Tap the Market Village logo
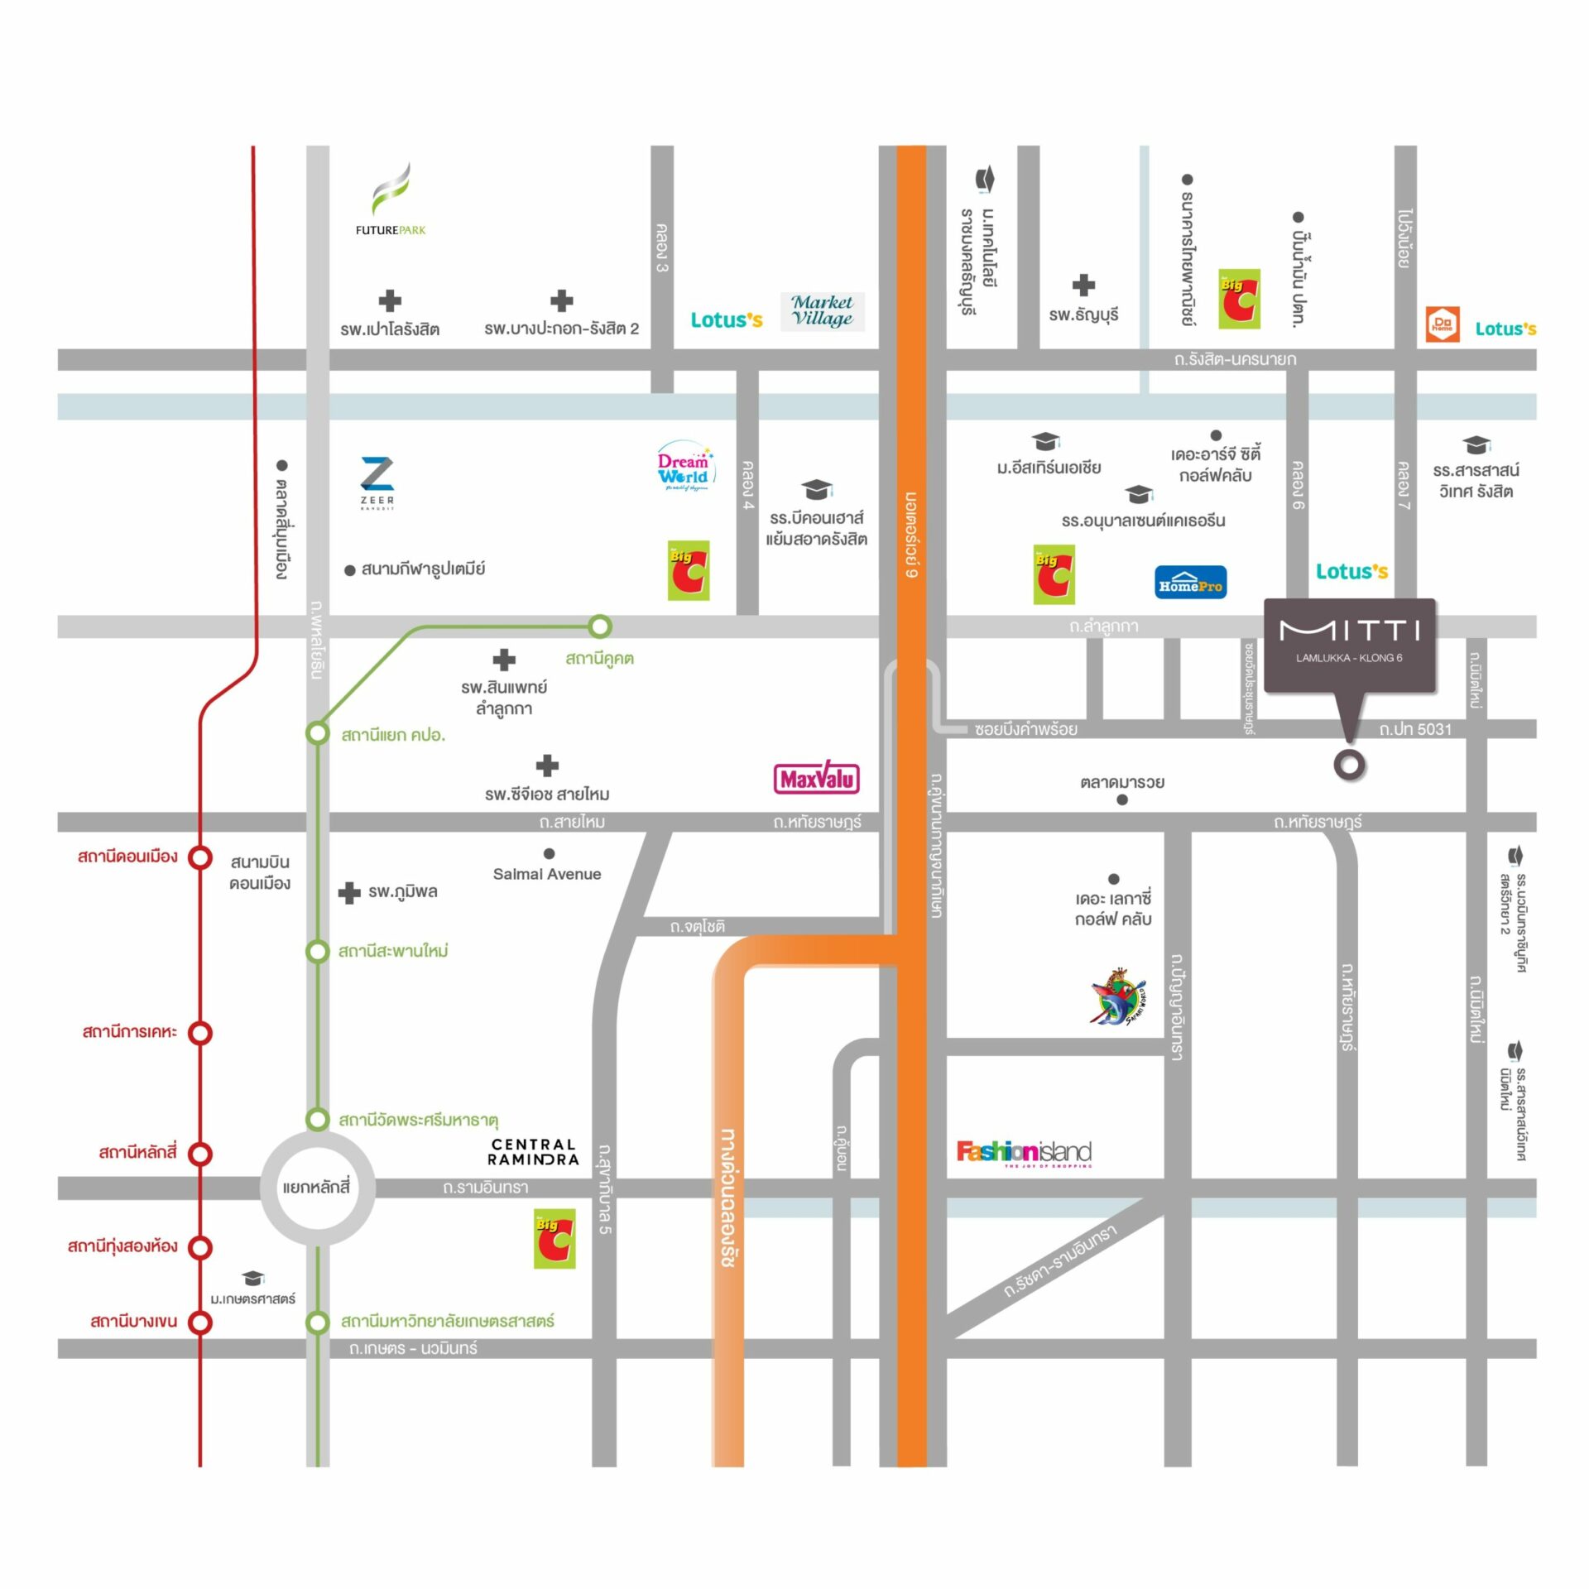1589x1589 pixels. [x=822, y=311]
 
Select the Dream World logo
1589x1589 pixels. [x=684, y=468]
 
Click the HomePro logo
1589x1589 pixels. [x=1190, y=583]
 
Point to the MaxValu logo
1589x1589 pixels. [x=817, y=779]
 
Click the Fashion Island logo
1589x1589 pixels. [x=1024, y=1152]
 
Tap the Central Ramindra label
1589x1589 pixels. [x=533, y=1151]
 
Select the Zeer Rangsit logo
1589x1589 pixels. [x=377, y=483]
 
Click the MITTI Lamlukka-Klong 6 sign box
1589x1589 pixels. [x=1349, y=643]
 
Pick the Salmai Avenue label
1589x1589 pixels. [x=547, y=874]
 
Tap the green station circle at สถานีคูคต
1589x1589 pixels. [x=600, y=626]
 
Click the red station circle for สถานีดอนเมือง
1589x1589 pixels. [x=200, y=857]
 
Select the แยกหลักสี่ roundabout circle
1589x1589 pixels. [x=317, y=1188]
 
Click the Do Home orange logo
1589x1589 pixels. [x=1443, y=324]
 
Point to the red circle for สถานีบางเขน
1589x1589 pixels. [x=200, y=1322]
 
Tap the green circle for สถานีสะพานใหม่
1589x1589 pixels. [x=318, y=952]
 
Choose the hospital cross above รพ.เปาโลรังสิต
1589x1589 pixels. [x=390, y=300]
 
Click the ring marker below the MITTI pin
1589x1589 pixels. [x=1349, y=765]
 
